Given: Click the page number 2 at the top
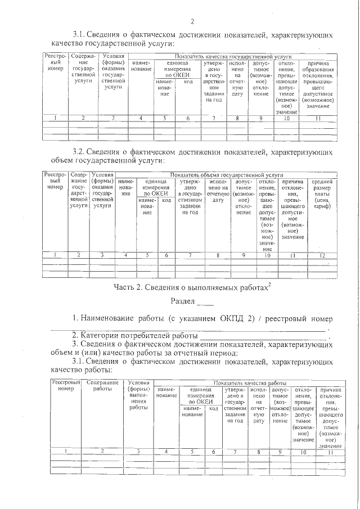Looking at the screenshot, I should tap(192, 22).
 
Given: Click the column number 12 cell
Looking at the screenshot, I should tap(322, 255).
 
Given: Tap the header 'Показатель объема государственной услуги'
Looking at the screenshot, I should tap(227, 175).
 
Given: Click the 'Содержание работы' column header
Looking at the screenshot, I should tap(102, 386).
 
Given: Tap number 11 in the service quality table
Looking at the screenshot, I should tap(318, 118).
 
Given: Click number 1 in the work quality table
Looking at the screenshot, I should tap(66, 452).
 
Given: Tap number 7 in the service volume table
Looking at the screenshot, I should tap(189, 255).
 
